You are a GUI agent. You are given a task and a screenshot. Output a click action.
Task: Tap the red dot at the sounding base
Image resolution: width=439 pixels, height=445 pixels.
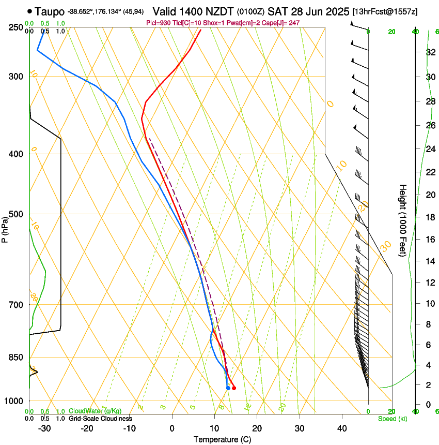tap(234, 388)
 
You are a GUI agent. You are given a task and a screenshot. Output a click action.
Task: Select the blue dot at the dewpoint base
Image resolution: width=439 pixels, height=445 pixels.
tap(228, 388)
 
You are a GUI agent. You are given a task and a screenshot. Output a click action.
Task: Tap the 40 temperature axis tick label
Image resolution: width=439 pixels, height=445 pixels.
tap(342, 428)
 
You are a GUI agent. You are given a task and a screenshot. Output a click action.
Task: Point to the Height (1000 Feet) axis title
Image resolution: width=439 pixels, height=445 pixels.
tap(403, 220)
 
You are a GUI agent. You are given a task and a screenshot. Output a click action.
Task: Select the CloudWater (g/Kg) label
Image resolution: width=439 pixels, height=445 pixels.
tap(95, 411)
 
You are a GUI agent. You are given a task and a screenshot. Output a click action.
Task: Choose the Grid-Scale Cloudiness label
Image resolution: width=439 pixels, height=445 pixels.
tap(100, 418)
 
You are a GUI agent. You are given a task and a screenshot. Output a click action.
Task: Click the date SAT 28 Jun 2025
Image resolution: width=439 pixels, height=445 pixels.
tap(305, 10)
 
